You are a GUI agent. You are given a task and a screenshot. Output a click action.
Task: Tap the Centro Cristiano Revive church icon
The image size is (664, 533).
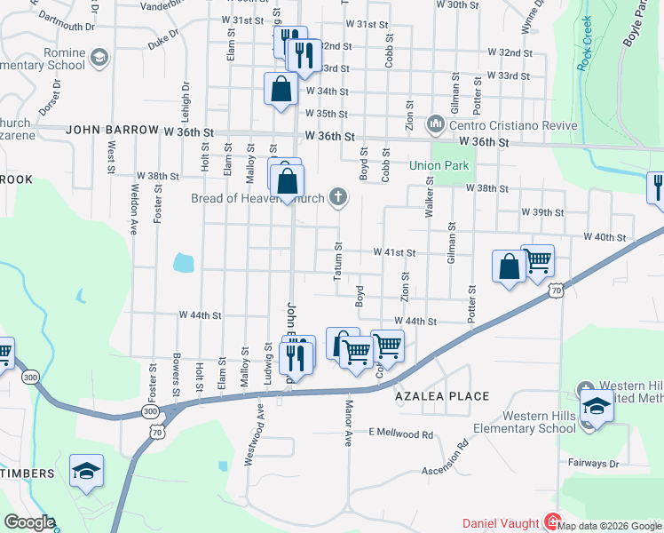tap(435, 122)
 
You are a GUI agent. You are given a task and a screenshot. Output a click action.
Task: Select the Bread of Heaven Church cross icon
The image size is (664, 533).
tap(337, 197)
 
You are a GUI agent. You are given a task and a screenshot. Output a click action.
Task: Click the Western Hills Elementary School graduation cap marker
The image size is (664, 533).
tap(597, 408)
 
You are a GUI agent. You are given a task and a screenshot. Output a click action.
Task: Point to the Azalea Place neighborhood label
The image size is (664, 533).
tap(443, 396)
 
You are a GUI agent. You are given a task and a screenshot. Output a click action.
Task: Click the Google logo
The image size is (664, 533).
tap(28, 522)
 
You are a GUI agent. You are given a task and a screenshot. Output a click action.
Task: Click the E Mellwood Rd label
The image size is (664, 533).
tap(400, 434)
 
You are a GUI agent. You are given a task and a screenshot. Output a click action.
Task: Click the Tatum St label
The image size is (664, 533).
tap(337, 261)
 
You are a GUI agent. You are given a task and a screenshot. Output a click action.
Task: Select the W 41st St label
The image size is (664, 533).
tap(394, 252)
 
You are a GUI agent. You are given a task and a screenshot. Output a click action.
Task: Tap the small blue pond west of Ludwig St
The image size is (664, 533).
tap(183, 262)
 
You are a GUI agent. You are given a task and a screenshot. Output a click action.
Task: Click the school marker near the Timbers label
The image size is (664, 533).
tap(86, 471)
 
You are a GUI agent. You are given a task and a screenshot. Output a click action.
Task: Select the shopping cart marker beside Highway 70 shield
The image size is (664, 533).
tap(537, 261)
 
